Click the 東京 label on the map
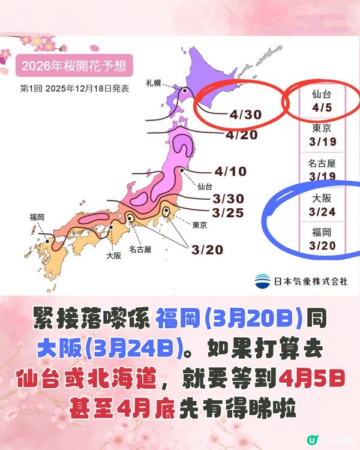coord(200,225)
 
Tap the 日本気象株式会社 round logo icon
coord(262,280)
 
